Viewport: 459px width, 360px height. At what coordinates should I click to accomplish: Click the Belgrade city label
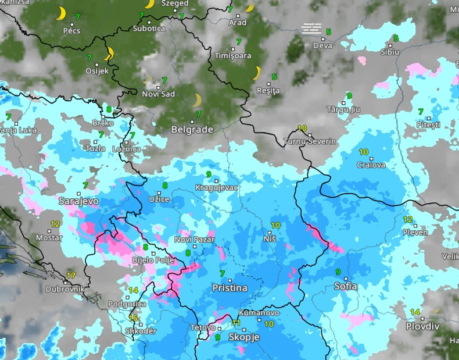click(192, 130)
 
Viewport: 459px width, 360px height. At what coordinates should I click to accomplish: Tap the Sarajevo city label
click(78, 201)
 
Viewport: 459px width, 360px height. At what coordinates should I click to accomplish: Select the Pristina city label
click(229, 288)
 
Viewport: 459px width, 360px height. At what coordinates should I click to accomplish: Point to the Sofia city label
click(346, 286)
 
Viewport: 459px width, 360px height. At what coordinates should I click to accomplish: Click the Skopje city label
click(244, 337)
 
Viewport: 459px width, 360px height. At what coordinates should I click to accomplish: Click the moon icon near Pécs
click(61, 14)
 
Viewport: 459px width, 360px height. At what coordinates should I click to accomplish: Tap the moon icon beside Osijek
click(109, 54)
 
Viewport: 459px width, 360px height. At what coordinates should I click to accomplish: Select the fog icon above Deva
click(311, 28)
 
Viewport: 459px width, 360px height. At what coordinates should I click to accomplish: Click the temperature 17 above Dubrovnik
click(71, 275)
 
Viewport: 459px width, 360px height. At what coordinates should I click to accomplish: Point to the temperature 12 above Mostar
click(55, 224)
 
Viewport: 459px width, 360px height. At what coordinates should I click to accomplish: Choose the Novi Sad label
click(158, 94)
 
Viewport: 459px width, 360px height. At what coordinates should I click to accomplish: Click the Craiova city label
click(371, 165)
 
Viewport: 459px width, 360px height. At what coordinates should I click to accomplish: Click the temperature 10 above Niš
click(275, 225)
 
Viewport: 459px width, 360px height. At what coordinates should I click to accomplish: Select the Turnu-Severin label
click(310, 141)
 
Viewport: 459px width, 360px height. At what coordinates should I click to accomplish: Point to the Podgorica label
click(127, 304)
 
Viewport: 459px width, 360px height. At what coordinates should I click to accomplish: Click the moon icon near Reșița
click(257, 73)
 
